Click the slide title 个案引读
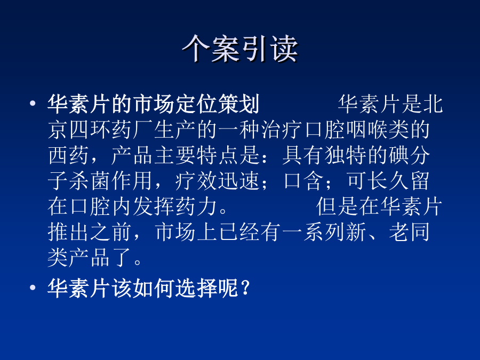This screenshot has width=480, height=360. point(240,49)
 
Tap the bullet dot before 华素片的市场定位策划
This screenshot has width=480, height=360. point(33,103)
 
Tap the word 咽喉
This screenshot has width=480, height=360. point(366,130)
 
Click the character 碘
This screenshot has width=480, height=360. point(398,156)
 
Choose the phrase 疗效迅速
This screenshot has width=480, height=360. point(218,181)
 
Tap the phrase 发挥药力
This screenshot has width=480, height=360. point(175,206)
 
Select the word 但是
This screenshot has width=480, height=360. point(337,206)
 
